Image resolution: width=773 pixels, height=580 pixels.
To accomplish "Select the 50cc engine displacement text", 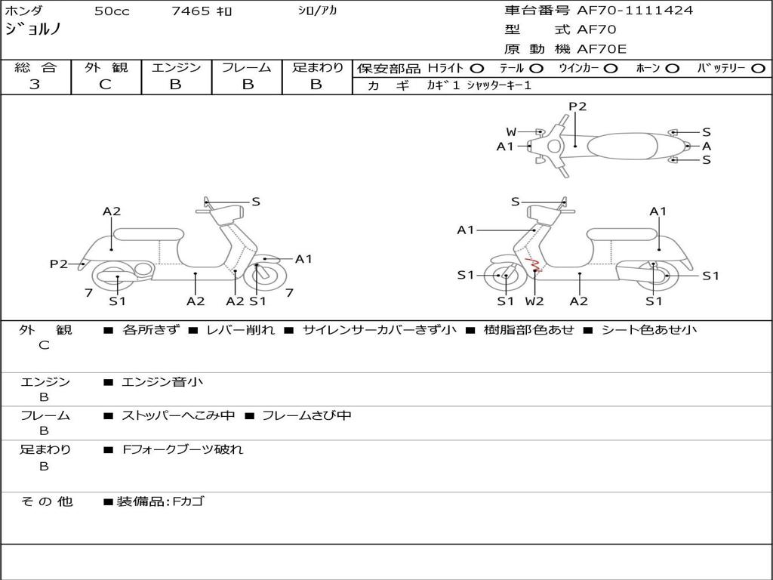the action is point(110,11).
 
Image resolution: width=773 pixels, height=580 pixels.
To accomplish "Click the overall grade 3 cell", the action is point(35,85).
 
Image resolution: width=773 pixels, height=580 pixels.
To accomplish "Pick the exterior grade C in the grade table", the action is point(106,85).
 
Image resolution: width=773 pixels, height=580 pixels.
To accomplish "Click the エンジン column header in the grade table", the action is point(176,67).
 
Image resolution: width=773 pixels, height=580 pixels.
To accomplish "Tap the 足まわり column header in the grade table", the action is point(318,67).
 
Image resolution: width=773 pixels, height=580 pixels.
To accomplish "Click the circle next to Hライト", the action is point(476,68).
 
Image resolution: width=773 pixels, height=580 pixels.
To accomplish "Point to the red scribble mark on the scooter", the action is point(533,264).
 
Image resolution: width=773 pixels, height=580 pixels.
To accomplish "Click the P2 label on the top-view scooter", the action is point(577,106).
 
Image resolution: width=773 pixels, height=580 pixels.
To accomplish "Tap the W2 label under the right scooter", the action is point(534,301).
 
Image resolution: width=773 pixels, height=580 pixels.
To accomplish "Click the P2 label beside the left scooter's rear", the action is point(59,264).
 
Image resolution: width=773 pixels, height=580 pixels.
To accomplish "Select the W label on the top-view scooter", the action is point(511,132).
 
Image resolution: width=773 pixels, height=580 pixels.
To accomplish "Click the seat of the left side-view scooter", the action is point(148,234).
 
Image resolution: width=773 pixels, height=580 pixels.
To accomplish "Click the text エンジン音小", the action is point(162,382).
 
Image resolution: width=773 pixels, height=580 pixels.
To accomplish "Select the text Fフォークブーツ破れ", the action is point(183,449).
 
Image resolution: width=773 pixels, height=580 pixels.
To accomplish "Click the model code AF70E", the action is point(602,50).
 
